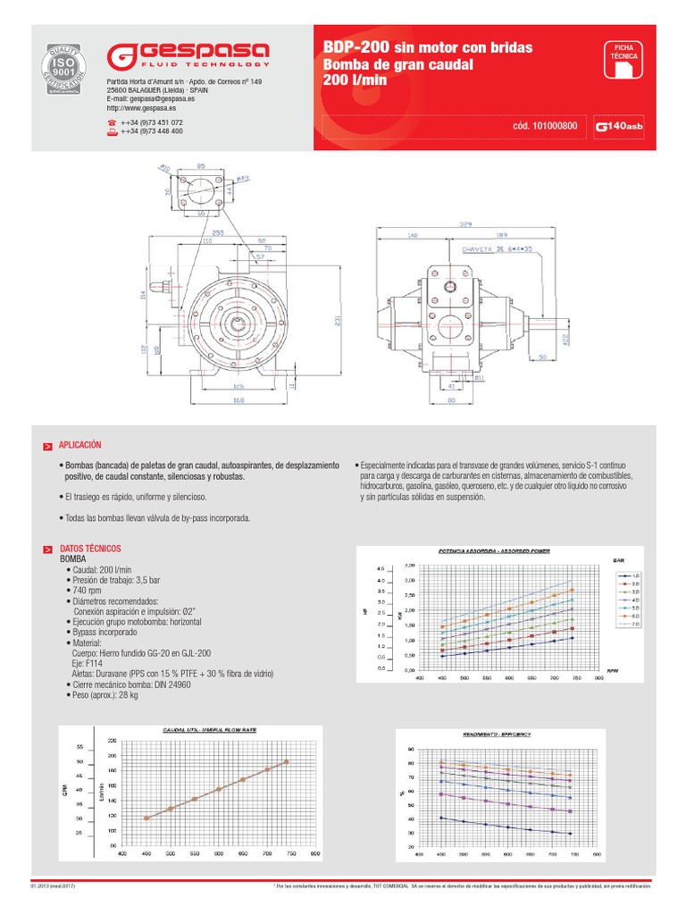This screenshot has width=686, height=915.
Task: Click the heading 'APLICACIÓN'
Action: tap(80, 444)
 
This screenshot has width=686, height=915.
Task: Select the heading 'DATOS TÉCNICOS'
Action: tap(89, 548)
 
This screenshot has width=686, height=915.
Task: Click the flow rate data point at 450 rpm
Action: tap(146, 818)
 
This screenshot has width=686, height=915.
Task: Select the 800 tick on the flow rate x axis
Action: tap(314, 854)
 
